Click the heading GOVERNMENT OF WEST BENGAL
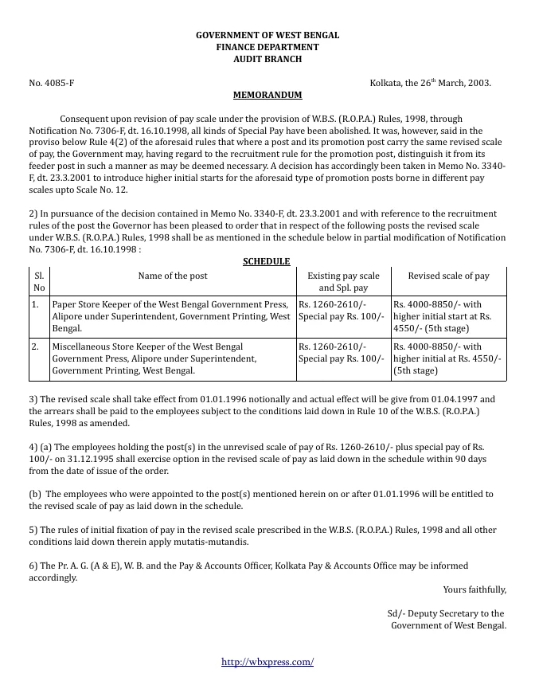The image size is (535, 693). [267, 36]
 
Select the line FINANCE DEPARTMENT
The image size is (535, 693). [267, 48]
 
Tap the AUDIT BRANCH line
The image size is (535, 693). [267, 60]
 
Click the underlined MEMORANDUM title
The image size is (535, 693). [267, 95]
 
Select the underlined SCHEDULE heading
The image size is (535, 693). [266, 261]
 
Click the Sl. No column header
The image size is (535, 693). [39, 281]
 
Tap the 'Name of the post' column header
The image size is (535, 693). [173, 276]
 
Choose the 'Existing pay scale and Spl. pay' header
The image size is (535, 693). [343, 281]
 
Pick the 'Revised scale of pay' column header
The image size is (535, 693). [448, 276]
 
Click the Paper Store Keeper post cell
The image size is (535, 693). [171, 316]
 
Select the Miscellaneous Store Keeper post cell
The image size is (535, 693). [171, 358]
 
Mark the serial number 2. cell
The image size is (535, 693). [35, 346]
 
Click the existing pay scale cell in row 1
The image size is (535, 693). [343, 311]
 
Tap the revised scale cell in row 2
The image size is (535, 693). [448, 358]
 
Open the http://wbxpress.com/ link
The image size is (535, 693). [267, 662]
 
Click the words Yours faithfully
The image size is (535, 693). [474, 589]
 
